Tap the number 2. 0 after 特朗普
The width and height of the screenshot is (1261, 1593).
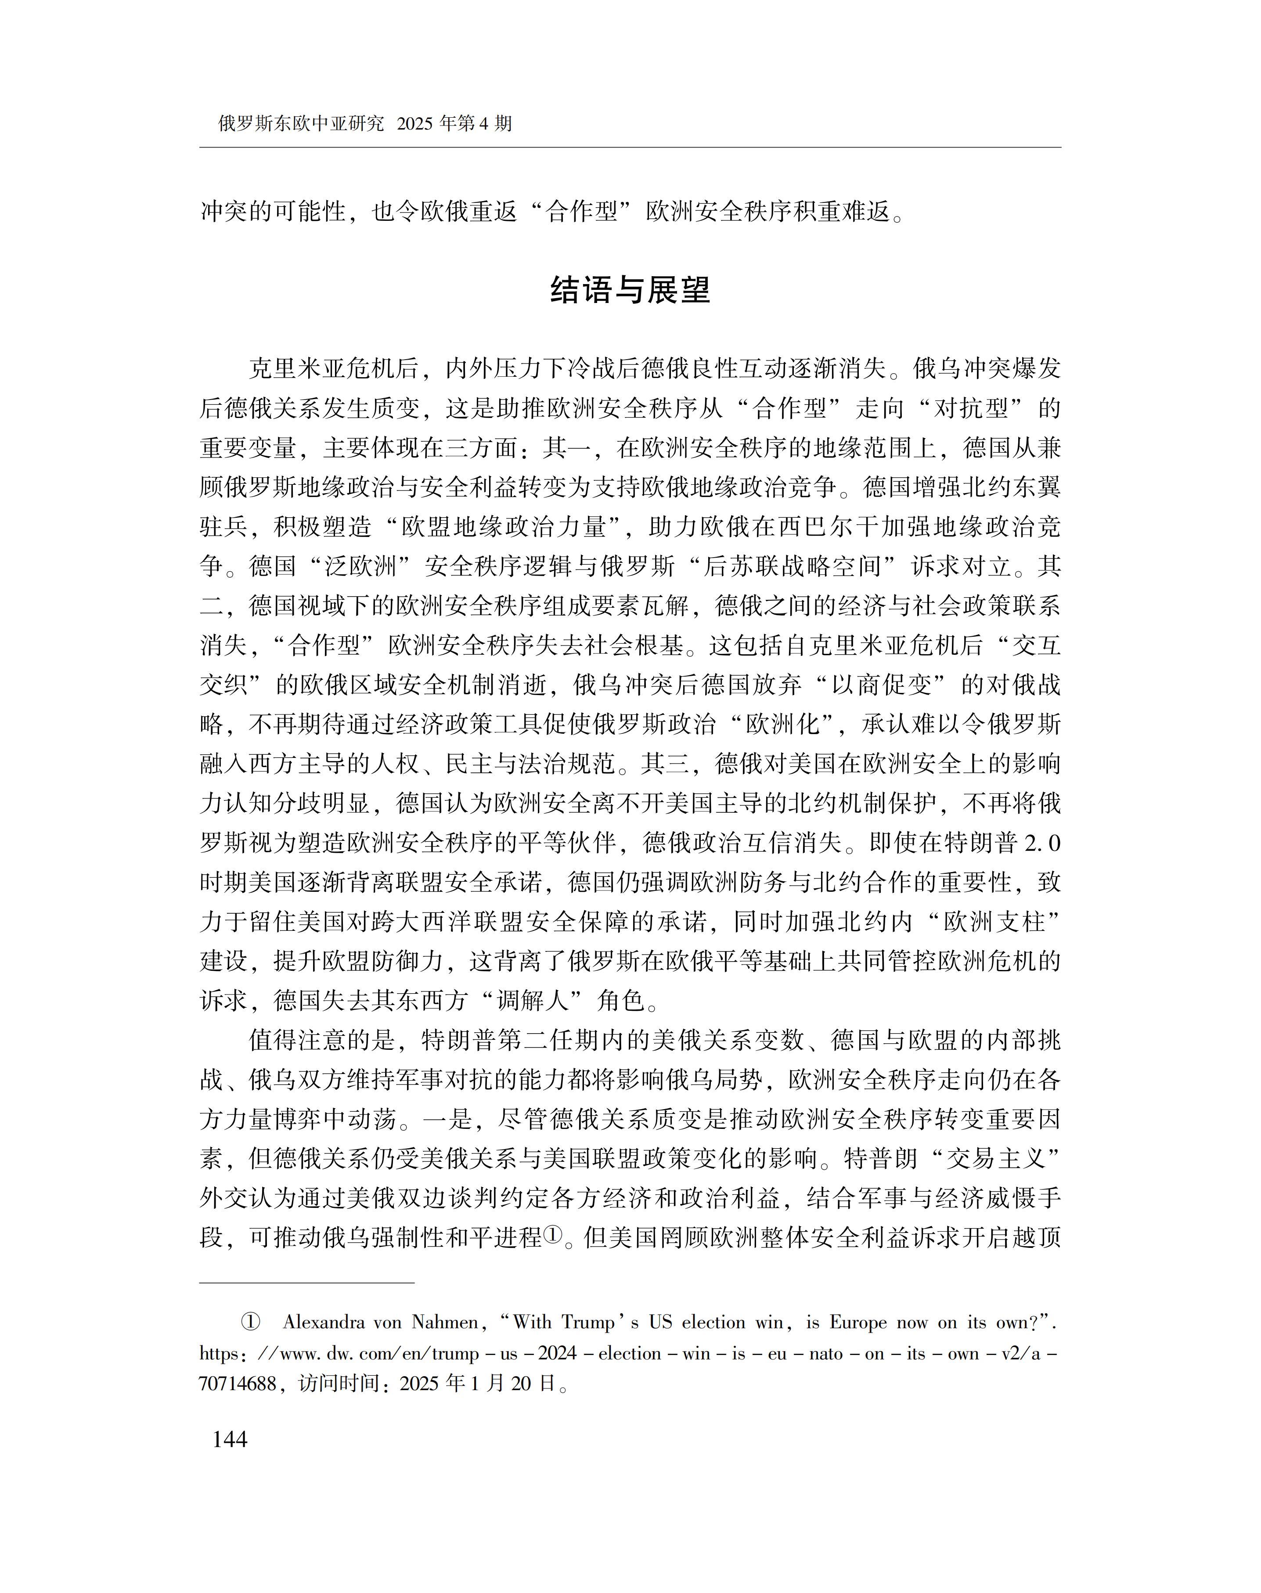pyautogui.click(x=1042, y=842)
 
